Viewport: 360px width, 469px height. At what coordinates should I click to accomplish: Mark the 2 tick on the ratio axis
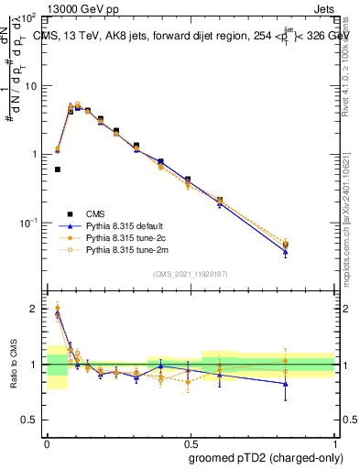coord(37,309)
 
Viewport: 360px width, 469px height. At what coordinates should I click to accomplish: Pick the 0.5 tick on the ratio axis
coord(34,420)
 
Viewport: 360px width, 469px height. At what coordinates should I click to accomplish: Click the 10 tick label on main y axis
coord(32,86)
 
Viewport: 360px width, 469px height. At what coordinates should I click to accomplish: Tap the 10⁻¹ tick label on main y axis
coord(30,223)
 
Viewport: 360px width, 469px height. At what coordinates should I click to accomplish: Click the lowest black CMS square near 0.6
coord(58,169)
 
